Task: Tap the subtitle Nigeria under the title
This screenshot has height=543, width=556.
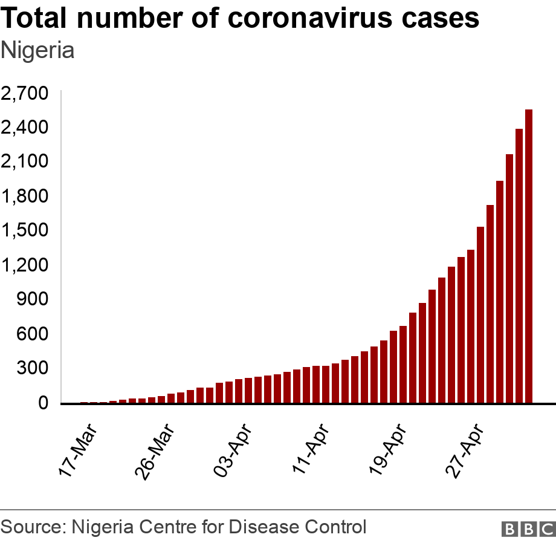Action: [x=37, y=51]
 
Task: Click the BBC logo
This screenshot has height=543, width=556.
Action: [x=528, y=528]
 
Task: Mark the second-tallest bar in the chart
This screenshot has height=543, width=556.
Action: [x=519, y=265]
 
